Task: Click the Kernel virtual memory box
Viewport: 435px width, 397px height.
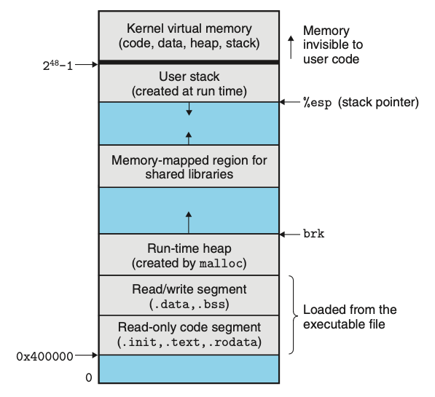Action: [189, 36]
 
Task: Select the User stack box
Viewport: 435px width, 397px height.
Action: [189, 83]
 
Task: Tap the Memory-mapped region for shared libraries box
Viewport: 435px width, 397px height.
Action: [189, 166]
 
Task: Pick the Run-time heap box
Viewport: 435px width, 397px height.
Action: [189, 255]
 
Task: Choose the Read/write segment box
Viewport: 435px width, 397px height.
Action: [189, 295]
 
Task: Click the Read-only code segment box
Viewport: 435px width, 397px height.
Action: [189, 335]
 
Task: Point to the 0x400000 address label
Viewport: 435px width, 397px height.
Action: [44, 356]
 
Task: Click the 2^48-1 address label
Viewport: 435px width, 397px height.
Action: [58, 66]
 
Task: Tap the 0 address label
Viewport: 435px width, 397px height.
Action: [89, 377]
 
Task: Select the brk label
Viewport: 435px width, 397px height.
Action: [314, 234]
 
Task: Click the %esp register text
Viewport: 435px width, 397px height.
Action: [318, 103]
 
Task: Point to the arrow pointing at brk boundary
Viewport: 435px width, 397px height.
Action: [290, 235]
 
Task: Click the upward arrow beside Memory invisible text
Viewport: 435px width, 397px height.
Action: [291, 47]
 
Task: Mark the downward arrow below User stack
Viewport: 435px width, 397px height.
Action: [189, 109]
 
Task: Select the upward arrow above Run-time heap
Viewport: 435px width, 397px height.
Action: [189, 222]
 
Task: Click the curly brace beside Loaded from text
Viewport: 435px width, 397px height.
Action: [294, 315]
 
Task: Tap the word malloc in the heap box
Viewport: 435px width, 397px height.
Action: [221, 264]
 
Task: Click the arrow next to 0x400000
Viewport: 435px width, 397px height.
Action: [87, 355]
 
